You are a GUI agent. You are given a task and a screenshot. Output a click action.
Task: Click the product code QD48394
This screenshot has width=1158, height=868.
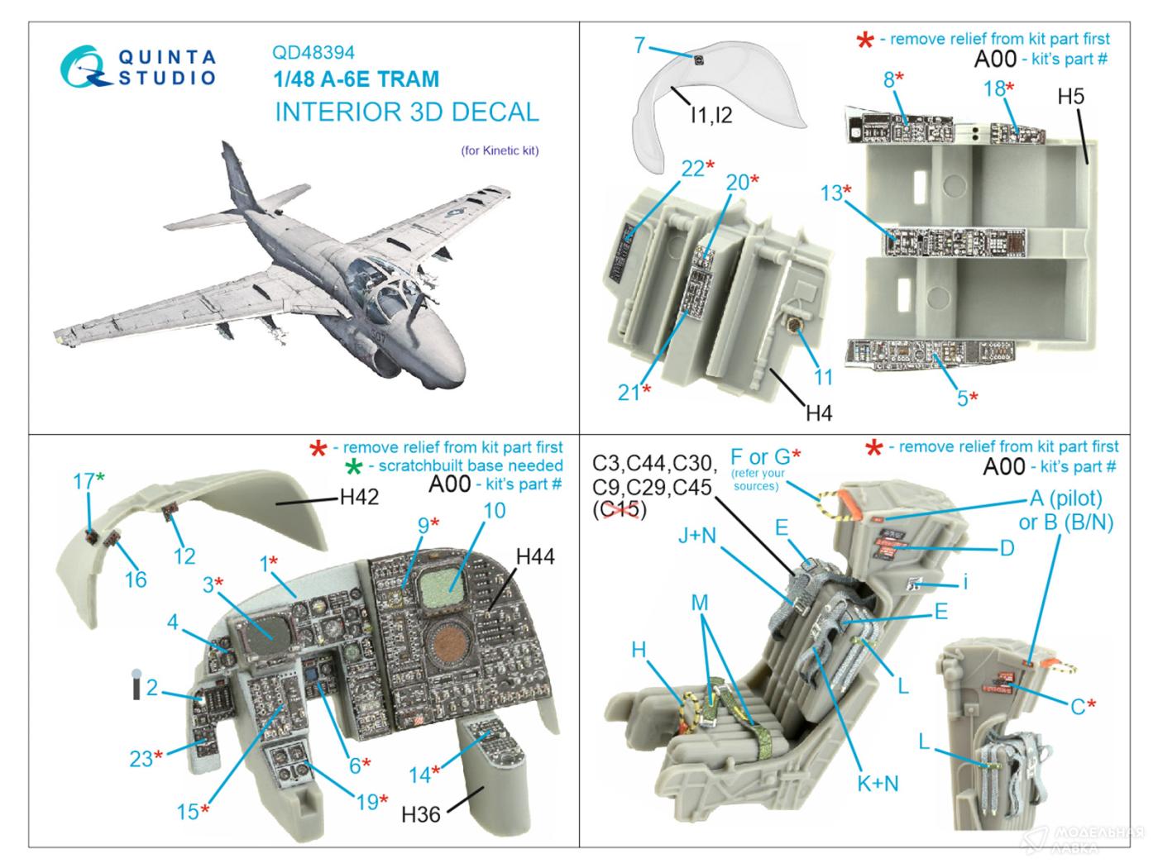point(313,53)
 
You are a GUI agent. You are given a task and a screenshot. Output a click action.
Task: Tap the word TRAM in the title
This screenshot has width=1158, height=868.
point(406,80)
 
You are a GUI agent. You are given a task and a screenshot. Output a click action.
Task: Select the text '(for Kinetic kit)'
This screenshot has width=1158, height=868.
point(500,151)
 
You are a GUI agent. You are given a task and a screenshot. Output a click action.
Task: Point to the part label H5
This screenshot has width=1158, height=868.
point(1070,97)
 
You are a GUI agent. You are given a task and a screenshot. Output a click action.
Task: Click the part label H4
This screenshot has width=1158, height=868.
point(818,413)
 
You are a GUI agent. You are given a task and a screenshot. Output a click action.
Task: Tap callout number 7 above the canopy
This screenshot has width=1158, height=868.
point(639,45)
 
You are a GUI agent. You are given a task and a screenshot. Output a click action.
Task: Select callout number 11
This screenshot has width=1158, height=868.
point(822,377)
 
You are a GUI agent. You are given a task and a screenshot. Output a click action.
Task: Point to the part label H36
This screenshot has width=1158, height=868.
point(421,814)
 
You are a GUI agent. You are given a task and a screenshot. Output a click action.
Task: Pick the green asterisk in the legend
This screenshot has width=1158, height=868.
point(355,468)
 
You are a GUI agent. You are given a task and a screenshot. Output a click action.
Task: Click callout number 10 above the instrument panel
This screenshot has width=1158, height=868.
point(494,511)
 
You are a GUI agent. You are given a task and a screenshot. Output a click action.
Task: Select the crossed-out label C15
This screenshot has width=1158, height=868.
point(620,511)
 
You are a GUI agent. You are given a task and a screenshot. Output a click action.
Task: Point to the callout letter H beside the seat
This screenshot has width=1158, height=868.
point(639,651)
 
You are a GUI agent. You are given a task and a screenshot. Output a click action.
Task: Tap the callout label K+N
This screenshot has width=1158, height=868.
point(878,782)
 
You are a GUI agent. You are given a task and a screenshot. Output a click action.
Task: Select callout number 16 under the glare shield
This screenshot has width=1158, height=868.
point(136,579)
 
